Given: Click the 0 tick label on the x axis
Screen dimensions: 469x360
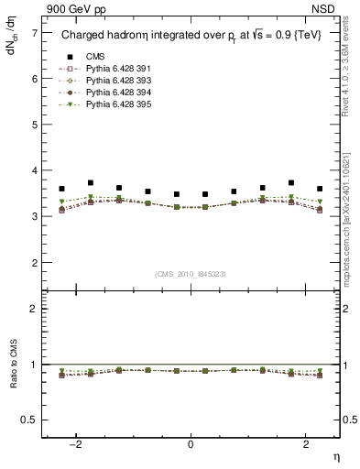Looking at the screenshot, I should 191,444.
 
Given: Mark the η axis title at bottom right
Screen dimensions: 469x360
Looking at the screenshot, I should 334,457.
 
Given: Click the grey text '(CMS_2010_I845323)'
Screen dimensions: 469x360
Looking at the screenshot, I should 191,274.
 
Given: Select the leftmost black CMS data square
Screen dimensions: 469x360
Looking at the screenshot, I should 62,189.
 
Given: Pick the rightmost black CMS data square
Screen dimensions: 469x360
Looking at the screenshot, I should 319,189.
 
